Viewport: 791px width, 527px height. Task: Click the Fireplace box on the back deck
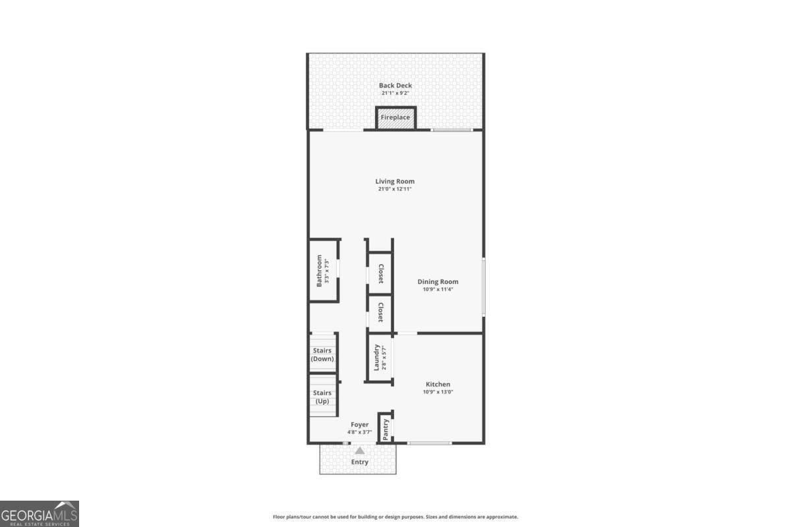(395, 118)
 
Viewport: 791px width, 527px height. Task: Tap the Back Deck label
(395, 85)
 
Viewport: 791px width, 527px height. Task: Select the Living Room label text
(395, 181)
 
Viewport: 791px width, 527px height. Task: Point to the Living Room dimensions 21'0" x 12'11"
(395, 190)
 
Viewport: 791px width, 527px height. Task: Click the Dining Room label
(438, 281)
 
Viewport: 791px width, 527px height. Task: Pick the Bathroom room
(324, 270)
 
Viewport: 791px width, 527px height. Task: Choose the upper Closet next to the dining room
(380, 273)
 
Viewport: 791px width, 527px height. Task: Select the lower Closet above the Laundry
(380, 313)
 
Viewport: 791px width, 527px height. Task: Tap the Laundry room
(379, 358)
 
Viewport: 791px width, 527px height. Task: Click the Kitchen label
(438, 384)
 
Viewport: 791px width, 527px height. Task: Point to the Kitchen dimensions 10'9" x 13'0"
(438, 392)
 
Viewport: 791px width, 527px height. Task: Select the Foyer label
(360, 425)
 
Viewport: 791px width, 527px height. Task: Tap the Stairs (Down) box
(323, 354)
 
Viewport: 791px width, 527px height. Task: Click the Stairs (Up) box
(323, 397)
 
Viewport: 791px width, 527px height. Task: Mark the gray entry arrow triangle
(360, 451)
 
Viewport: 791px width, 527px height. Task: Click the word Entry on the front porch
(360, 462)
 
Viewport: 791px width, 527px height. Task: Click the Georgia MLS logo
(40, 513)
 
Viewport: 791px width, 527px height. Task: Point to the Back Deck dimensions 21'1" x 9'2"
(395, 93)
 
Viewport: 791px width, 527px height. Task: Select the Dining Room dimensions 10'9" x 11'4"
(438, 289)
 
